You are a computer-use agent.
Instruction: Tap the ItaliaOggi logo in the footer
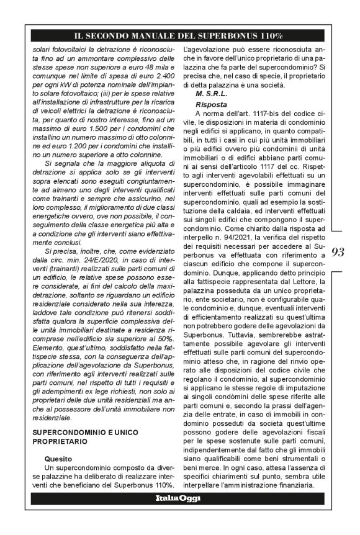tap(179, 498)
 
